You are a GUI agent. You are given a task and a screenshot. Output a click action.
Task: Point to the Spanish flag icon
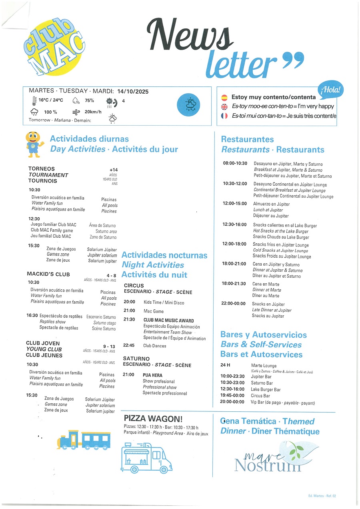(224, 97)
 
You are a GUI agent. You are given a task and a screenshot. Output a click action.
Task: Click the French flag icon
(224, 116)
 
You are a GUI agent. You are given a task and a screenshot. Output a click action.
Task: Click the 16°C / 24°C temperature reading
(50, 100)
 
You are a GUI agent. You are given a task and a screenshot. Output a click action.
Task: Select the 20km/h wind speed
(93, 112)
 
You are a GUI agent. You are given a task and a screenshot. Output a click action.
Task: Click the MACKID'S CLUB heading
(48, 274)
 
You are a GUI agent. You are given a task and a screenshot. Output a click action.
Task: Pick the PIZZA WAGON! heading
(153, 419)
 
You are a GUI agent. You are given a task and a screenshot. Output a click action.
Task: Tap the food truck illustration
(146, 457)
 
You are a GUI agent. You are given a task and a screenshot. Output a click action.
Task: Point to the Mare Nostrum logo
(268, 458)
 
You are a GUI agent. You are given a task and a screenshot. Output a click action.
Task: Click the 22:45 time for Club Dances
(129, 346)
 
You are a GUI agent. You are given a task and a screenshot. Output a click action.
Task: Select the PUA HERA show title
(152, 375)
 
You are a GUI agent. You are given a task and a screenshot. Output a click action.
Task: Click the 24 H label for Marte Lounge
(225, 365)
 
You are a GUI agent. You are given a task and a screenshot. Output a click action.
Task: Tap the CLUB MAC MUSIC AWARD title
(168, 321)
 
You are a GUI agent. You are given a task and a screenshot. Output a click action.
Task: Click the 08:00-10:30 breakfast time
(235, 163)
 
